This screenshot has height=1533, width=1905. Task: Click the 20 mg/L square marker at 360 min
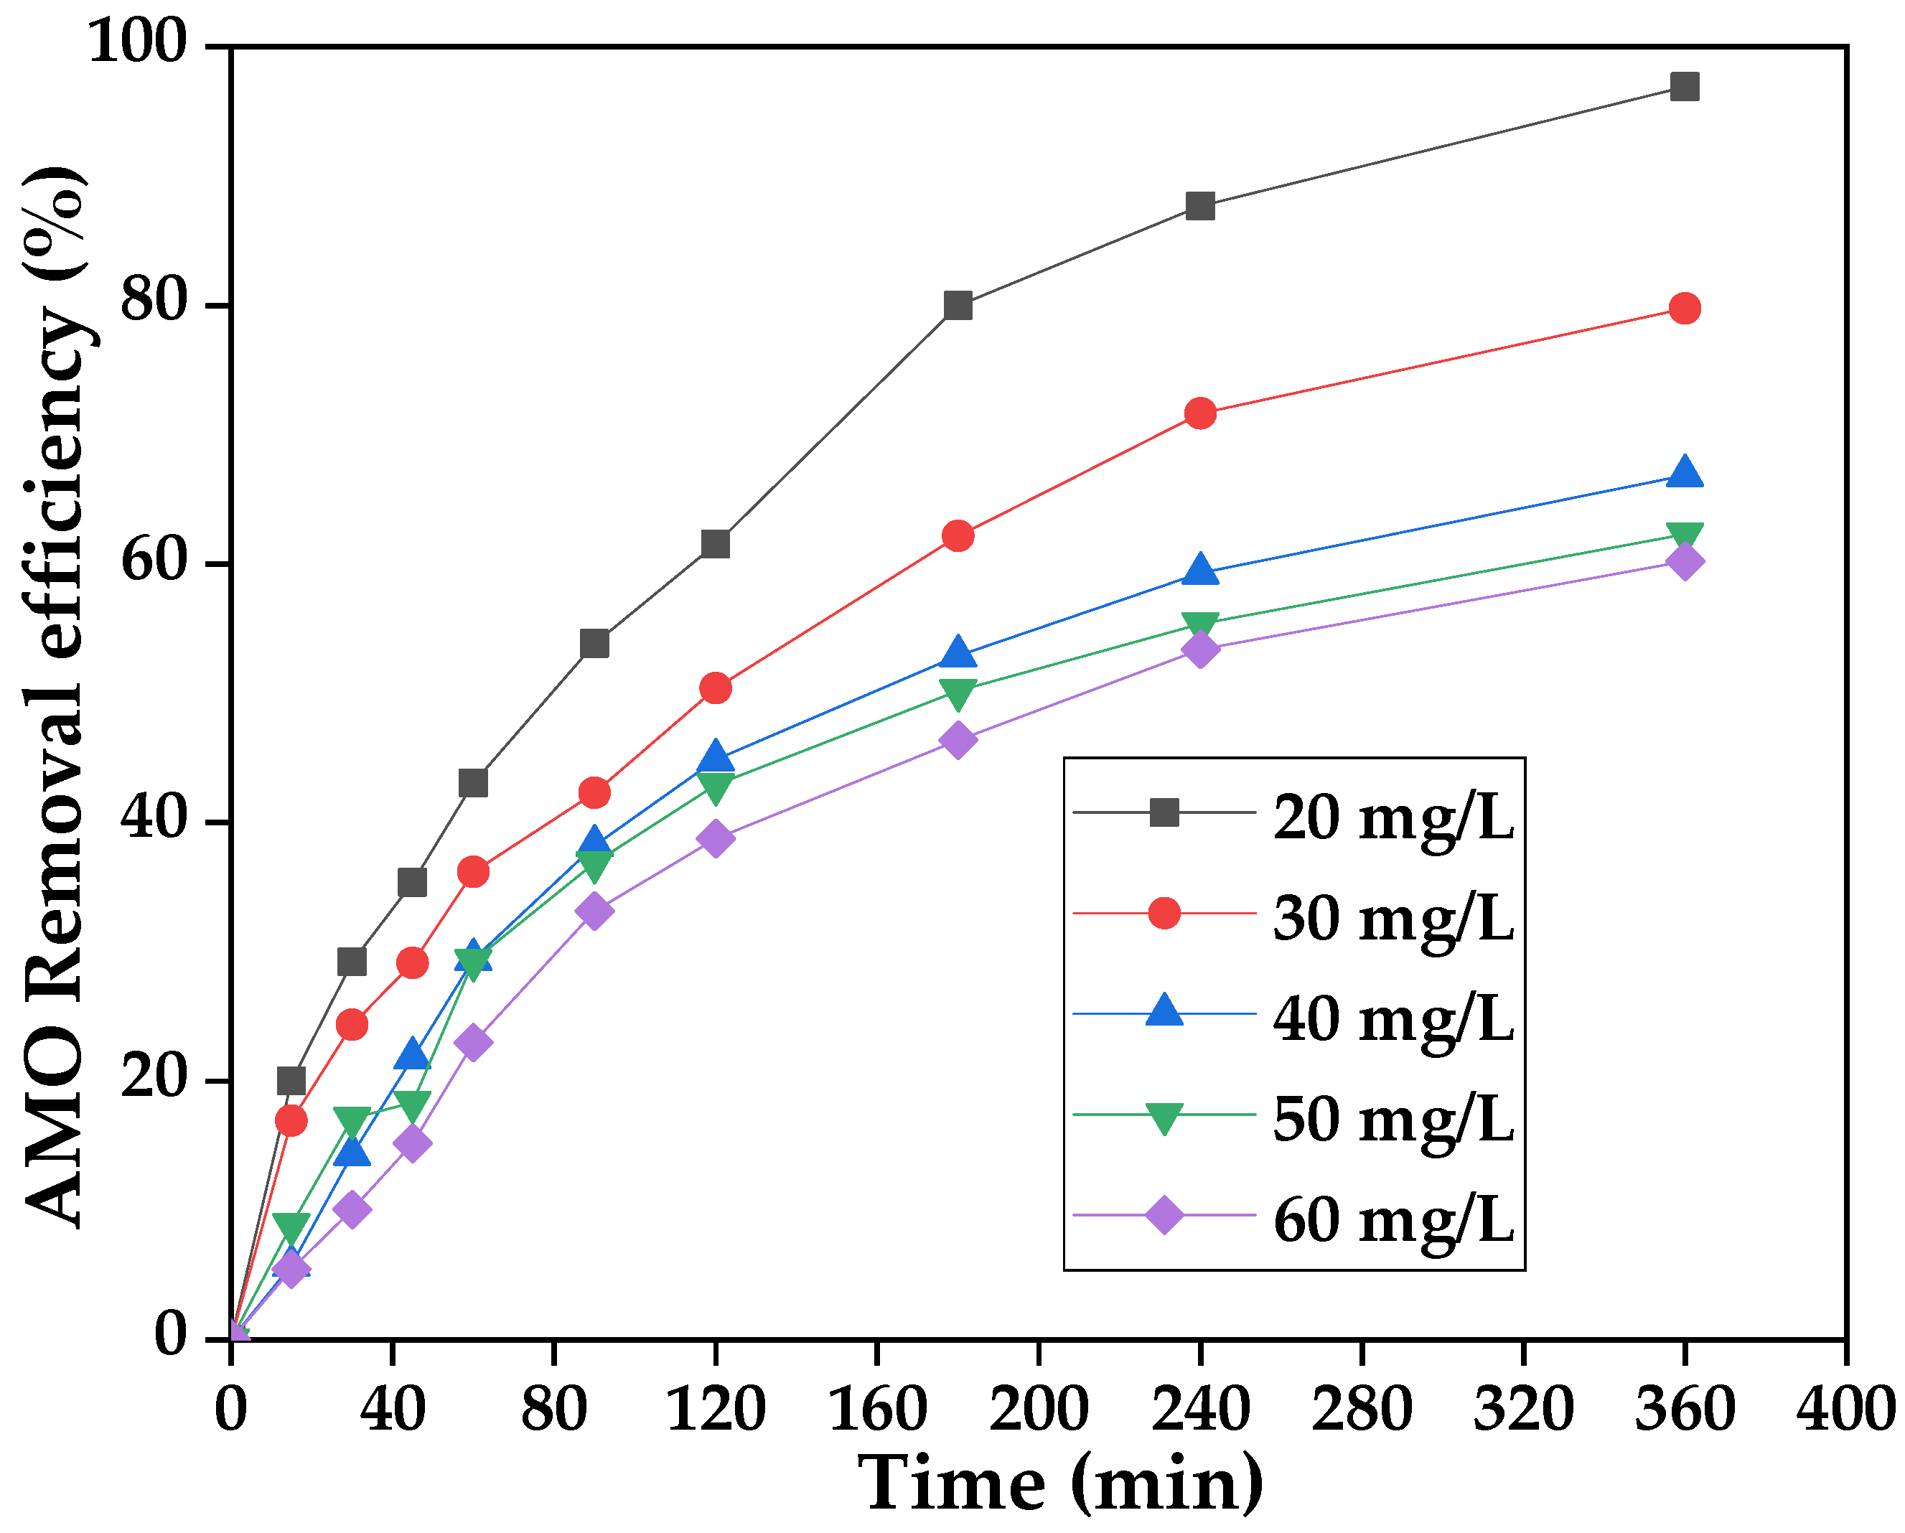[1684, 87]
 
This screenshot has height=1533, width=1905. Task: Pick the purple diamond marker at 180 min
[958, 739]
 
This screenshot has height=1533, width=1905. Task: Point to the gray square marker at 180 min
[958, 306]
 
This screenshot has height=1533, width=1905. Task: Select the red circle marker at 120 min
[715, 688]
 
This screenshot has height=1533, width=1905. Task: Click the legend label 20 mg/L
[1393, 817]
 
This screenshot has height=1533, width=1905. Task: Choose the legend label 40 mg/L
[1393, 1018]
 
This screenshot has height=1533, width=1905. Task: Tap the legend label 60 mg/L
[1393, 1220]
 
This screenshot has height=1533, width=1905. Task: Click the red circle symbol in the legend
[1164, 913]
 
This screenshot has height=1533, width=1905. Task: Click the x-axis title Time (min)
[1060, 1484]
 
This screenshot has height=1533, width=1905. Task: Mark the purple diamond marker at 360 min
[1684, 561]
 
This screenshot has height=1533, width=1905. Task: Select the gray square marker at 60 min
[473, 783]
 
